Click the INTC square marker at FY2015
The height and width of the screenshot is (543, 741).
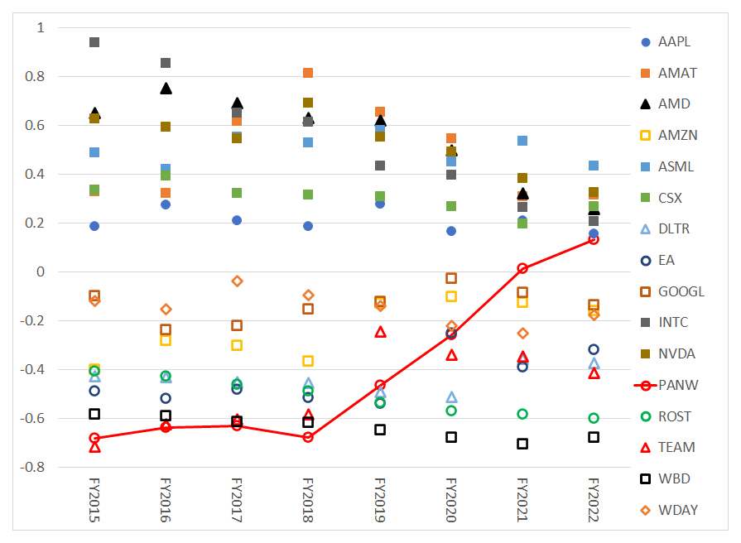[94, 42]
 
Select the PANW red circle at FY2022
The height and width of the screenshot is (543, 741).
[594, 239]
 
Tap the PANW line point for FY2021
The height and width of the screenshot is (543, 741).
[522, 268]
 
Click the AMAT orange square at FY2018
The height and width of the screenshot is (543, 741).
[308, 73]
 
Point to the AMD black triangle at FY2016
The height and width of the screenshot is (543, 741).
[166, 88]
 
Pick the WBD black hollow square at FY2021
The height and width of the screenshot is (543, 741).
[522, 444]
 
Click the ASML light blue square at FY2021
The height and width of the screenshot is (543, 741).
[522, 141]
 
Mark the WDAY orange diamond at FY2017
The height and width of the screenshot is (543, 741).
[237, 281]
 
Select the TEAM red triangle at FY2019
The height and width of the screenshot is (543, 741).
[380, 331]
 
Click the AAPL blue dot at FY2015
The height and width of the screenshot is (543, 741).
[94, 226]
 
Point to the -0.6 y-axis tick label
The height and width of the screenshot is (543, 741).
[33, 418]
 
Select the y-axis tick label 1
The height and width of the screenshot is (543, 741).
[41, 28]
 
